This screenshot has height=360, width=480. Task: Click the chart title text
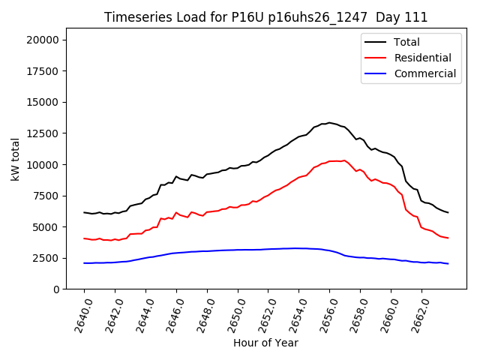pyautogui.click(x=266, y=17)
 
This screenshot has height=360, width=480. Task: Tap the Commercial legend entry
pyautogui.click(x=424, y=73)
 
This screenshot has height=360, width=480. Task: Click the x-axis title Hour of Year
pyautogui.click(x=265, y=343)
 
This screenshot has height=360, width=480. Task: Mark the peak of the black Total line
pyautogui.click(x=328, y=122)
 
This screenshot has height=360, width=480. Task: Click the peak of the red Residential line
pyautogui.click(x=344, y=160)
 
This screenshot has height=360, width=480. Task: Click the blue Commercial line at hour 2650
pyautogui.click(x=238, y=250)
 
